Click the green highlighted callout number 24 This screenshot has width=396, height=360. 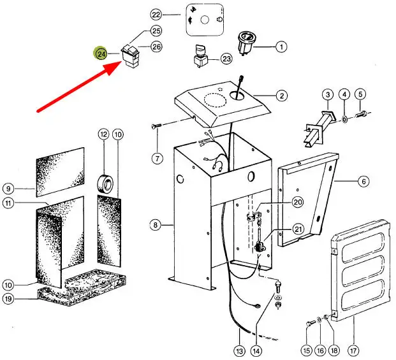click(101, 54)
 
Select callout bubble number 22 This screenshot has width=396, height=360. click(157, 14)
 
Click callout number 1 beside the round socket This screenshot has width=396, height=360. click(281, 46)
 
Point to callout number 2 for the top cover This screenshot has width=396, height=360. click(281, 96)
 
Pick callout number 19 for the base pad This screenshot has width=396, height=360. click(8, 299)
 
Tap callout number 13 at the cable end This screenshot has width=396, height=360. click(239, 350)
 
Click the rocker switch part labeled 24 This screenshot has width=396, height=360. click(133, 57)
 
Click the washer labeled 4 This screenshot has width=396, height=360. click(344, 118)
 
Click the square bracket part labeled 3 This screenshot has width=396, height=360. click(316, 124)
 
